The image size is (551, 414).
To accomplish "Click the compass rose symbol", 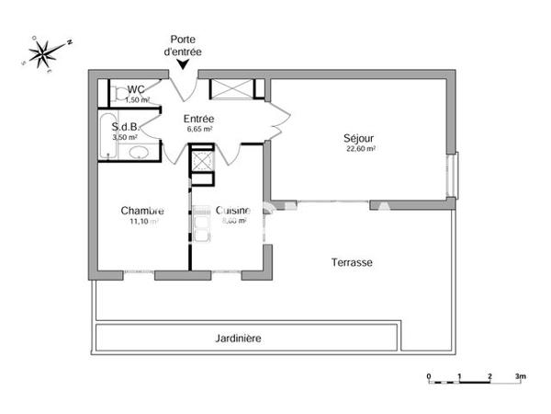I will tap(42, 53).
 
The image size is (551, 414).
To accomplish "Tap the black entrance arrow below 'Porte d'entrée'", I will tap(187, 63).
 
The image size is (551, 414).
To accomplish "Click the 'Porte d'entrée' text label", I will tap(187, 45).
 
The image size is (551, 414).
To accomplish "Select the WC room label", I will tap(137, 89).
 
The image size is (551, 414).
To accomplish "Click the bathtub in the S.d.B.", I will tap(107, 138).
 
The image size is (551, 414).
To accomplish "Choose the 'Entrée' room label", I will tap(198, 119).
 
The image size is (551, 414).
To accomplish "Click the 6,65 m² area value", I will tap(198, 130).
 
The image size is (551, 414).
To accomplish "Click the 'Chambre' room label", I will tap(142, 211).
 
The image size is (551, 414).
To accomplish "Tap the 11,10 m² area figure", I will tap(142, 222).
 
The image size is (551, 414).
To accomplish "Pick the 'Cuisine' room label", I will tap(231, 211).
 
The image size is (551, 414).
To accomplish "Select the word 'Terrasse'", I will tap(352, 262).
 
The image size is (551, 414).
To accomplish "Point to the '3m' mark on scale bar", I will tap(520, 377).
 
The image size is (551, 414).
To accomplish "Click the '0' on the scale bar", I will tap(429, 377).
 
